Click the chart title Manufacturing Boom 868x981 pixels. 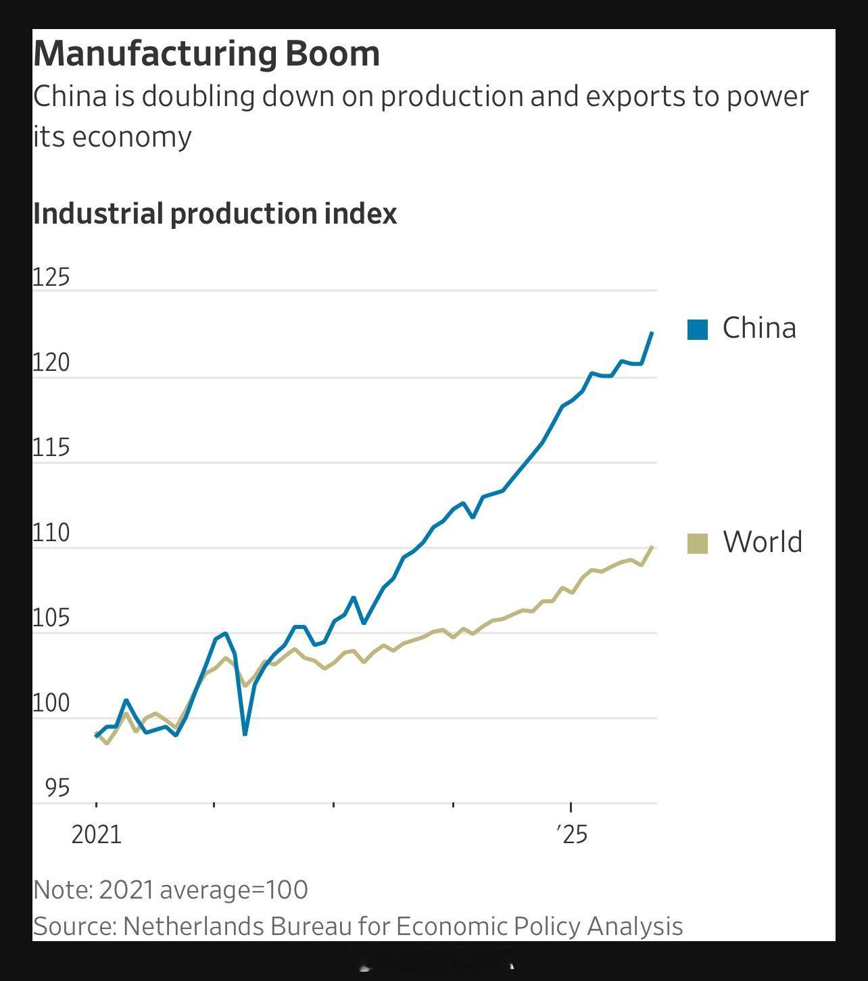[206, 53]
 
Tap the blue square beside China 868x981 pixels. [697, 329]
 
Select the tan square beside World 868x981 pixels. [697, 543]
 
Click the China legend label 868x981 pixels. [758, 328]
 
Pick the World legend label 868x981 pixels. [762, 542]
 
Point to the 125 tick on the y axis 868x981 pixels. [51, 277]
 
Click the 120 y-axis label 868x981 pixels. [51, 363]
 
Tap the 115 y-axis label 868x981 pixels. [51, 448]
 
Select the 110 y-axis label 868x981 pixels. [51, 533]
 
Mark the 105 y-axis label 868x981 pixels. [51, 618]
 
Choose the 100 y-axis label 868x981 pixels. [51, 703]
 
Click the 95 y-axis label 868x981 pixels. [57, 788]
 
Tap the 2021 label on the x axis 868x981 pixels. [96, 835]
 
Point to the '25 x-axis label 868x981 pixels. [572, 835]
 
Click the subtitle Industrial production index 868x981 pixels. [214, 213]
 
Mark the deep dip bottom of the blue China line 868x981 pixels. [245, 734]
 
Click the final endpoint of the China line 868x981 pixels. [652, 332]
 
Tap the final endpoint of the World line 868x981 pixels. [652, 547]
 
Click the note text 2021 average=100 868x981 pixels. [203, 890]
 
